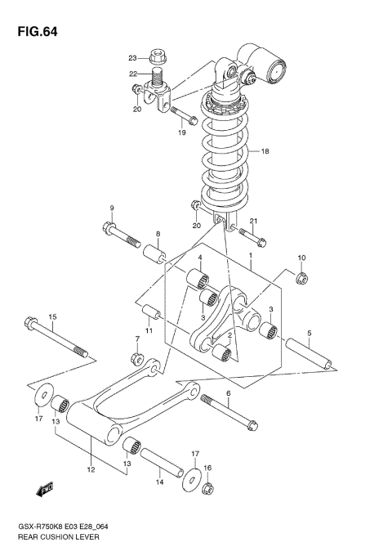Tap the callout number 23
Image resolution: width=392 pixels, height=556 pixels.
pyautogui.click(x=132, y=58)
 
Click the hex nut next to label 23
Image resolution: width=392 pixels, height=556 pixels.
pyautogui.click(x=158, y=58)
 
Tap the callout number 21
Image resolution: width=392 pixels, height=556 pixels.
pyautogui.click(x=254, y=222)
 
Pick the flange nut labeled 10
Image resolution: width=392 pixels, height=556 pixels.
pyautogui.click(x=299, y=280)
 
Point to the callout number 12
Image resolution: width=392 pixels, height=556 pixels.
pyautogui.click(x=91, y=469)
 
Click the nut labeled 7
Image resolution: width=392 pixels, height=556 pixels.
pyautogui.click(x=138, y=359)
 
